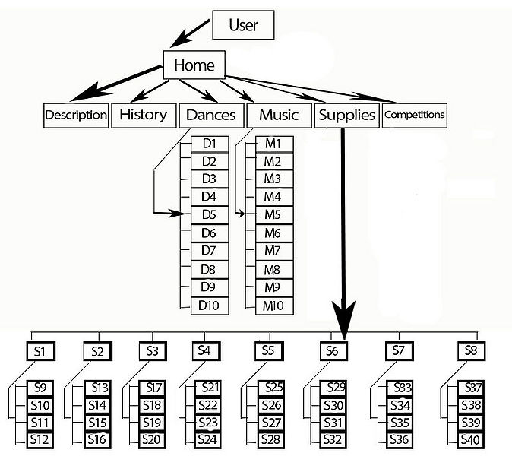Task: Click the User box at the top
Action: [x=242, y=24]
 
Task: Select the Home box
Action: [x=194, y=65]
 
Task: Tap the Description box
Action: [x=75, y=115]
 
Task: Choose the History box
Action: [x=143, y=115]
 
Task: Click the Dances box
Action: [x=210, y=115]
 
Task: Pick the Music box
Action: [x=279, y=115]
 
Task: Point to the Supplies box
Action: [x=346, y=115]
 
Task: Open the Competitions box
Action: [x=414, y=115]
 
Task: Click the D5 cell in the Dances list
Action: [x=209, y=215]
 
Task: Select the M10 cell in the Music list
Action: [x=273, y=306]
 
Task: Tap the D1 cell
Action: [x=209, y=143]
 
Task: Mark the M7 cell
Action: [x=273, y=251]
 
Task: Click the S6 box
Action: [x=331, y=351]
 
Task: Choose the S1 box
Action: [x=40, y=351]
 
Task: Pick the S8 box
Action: [x=470, y=351]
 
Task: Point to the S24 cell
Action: [x=207, y=439]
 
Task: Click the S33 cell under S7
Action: [x=402, y=388]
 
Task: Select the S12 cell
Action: [x=40, y=439]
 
